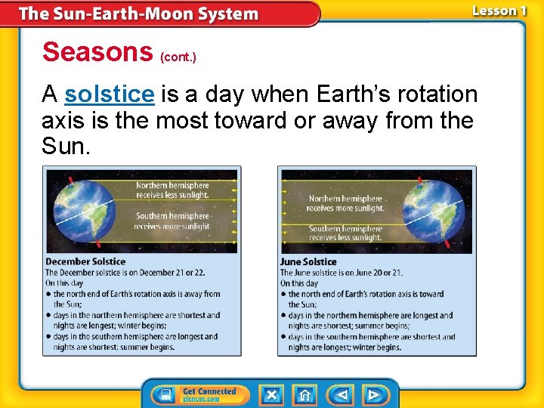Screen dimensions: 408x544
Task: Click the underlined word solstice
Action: [x=110, y=94]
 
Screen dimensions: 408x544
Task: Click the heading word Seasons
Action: [x=97, y=51]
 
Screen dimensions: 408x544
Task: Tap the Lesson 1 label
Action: [x=499, y=11]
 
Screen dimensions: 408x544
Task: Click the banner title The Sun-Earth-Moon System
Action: [x=138, y=14]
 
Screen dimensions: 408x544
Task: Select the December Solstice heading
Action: [x=75, y=262]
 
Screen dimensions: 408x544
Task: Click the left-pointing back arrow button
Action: [x=342, y=394]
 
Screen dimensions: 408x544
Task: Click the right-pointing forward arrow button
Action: [x=374, y=394]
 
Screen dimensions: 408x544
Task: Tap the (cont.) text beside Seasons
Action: [x=178, y=57]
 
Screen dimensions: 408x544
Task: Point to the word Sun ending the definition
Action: [x=66, y=146]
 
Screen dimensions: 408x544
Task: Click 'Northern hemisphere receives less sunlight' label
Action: [x=172, y=190]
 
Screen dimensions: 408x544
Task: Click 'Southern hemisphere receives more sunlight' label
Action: [x=172, y=221]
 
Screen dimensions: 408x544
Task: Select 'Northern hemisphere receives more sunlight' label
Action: [x=345, y=203]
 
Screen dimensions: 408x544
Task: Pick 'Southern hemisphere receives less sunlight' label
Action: [x=345, y=233]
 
